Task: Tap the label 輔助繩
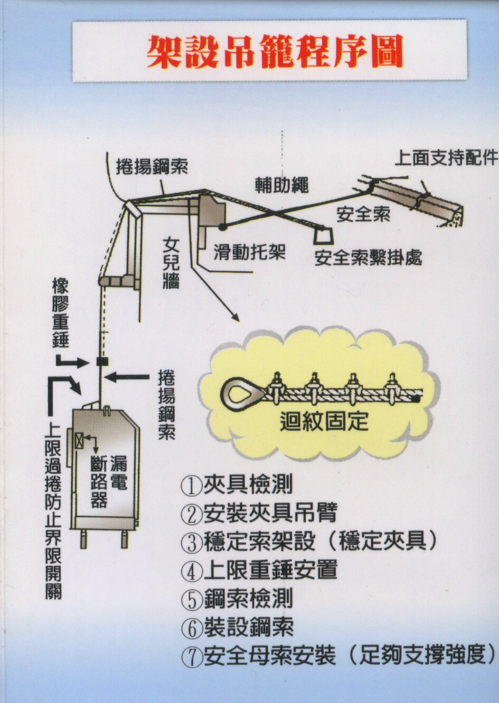point(281,185)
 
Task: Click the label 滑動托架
point(250,251)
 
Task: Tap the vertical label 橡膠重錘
point(61,315)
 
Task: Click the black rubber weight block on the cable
point(102,362)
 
